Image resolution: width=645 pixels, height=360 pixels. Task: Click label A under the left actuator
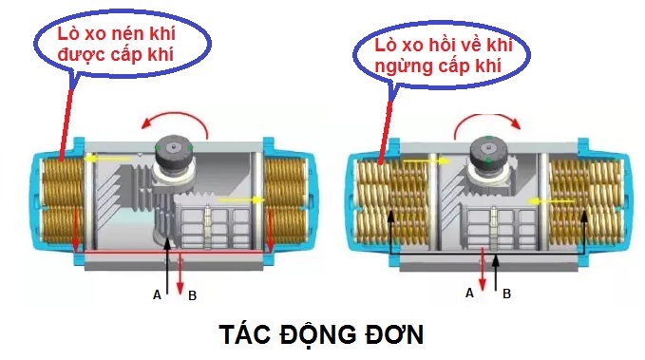[158, 295]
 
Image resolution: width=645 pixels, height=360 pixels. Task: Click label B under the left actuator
[193, 295]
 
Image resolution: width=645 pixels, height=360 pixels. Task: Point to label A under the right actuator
[469, 294]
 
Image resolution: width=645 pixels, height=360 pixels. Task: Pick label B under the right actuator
[506, 294]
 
